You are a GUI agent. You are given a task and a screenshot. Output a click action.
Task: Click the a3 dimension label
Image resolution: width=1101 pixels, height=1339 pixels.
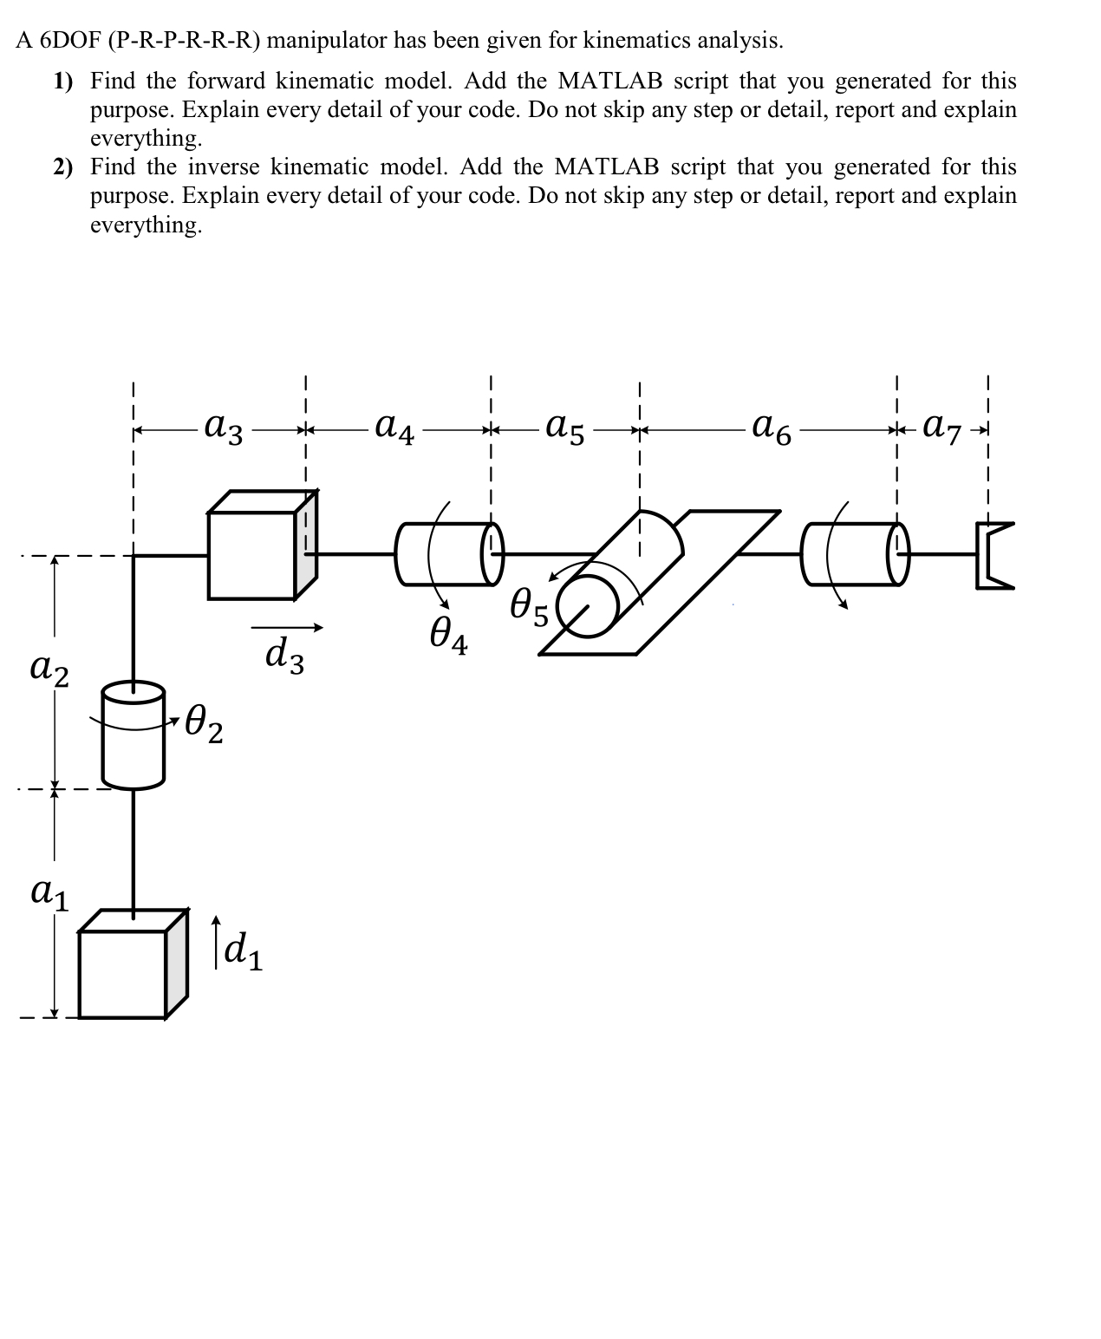coord(223,428)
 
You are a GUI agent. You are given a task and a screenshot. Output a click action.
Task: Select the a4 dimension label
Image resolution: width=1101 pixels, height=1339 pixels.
coord(394,428)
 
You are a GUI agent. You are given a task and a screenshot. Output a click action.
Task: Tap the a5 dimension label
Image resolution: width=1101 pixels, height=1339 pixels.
coord(565,428)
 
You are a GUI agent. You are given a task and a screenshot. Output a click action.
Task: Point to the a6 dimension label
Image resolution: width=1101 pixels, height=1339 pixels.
coord(772,428)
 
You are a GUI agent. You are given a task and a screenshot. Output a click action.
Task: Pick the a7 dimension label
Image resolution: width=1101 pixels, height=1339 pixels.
coord(942,428)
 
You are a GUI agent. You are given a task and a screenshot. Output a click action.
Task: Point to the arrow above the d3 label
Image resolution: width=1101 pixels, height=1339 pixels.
coord(287,627)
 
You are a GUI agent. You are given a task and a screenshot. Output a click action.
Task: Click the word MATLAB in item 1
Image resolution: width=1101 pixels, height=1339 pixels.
coord(612,81)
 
